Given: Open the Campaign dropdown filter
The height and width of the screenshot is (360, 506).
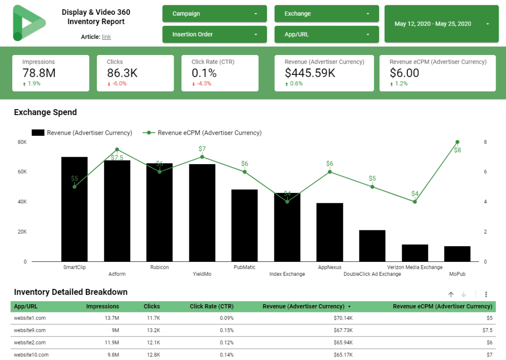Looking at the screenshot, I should tap(214, 14).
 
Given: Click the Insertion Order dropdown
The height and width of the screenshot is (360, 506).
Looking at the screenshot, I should tap(214, 34).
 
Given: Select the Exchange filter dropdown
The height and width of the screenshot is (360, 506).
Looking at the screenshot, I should tap(326, 14).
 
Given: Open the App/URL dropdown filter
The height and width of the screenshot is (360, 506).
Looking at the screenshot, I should tap(326, 34).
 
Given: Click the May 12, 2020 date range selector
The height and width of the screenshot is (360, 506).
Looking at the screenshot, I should tap(441, 24).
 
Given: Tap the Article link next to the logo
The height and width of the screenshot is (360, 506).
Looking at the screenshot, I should tap(106, 37).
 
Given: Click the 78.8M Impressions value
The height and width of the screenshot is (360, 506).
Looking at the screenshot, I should tap(39, 73).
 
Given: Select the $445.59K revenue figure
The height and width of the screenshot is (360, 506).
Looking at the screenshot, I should tap(310, 73).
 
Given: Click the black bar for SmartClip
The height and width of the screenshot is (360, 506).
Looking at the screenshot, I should tap(74, 209).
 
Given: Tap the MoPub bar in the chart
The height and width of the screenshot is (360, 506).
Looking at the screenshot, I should tap(457, 254).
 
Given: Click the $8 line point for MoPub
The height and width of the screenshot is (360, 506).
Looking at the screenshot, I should tap(457, 142).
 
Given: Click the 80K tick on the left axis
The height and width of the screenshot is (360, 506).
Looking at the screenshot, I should tap(22, 142).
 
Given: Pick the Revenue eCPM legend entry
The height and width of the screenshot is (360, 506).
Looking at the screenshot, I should tap(203, 133).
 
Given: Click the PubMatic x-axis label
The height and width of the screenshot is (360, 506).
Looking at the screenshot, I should tap(244, 267).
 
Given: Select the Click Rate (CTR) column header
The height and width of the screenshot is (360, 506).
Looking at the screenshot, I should tap(212, 306).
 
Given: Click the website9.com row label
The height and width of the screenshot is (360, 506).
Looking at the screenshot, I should tap(30, 330).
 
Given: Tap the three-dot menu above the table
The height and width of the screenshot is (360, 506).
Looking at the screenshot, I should tap(486, 295).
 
